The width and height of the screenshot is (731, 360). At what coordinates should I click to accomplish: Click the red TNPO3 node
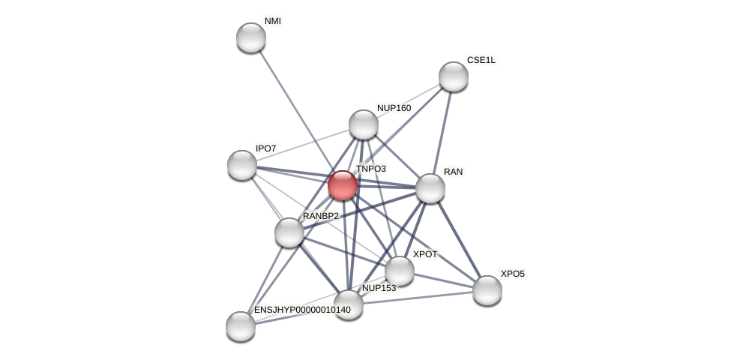tap(343, 185)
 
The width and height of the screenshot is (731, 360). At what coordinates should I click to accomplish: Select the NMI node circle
tap(251, 37)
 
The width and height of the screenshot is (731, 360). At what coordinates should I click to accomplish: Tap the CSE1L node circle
tap(454, 76)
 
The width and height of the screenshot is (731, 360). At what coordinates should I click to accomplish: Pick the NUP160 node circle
tap(364, 124)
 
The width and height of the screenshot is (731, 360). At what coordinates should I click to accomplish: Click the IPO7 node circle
tap(242, 165)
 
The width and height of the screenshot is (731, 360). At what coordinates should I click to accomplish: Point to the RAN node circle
tap(430, 188)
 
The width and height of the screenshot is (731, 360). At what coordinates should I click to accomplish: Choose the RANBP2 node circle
tap(289, 232)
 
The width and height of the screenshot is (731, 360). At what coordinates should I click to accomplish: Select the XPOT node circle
tap(400, 271)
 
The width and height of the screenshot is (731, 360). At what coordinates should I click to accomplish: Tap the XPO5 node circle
tap(487, 290)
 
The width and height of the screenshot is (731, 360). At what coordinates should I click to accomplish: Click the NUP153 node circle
tap(349, 304)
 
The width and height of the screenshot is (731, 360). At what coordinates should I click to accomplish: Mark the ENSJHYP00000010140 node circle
tap(241, 326)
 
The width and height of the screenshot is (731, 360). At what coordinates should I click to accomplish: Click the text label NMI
tap(273, 21)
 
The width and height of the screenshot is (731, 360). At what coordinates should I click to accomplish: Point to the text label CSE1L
tap(481, 60)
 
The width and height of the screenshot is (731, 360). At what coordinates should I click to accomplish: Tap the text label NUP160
tap(394, 108)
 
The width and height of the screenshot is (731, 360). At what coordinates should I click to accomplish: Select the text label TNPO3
tap(371, 169)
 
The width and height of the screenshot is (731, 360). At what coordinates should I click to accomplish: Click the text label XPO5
tap(513, 274)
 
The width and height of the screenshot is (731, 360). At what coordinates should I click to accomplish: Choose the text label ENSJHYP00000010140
tap(302, 310)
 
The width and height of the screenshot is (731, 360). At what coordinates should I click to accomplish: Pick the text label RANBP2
tap(321, 216)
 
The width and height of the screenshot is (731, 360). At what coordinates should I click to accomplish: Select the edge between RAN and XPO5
tap(459, 239)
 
